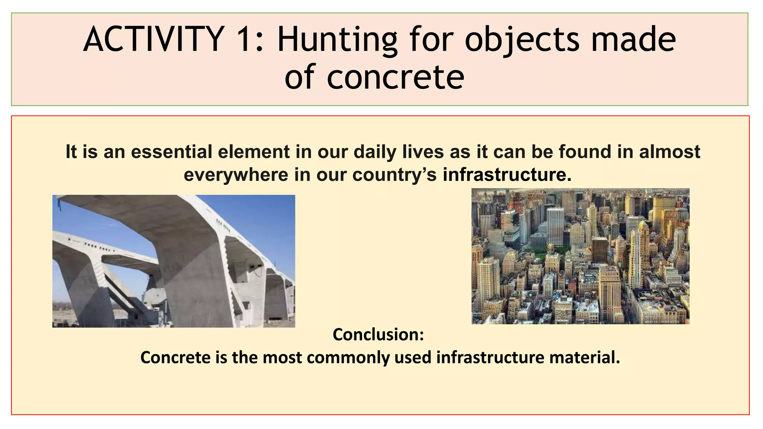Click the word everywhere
click(236, 175)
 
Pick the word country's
click(395, 175)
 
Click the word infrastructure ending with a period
click(507, 175)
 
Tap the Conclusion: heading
click(378, 334)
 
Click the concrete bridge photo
click(174, 261)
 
